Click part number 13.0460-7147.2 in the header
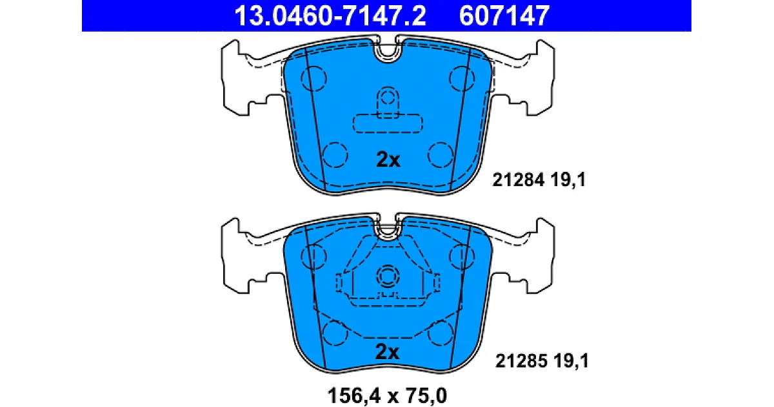pyautogui.click(x=330, y=16)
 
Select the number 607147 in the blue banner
pyautogui.click(x=504, y=16)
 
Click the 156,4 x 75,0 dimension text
pyautogui.click(x=387, y=395)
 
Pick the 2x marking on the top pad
pyautogui.click(x=388, y=160)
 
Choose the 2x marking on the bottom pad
pyautogui.click(x=387, y=352)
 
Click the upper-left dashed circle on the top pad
pyautogui.click(x=313, y=79)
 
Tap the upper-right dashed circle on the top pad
pyautogui.click(x=462, y=79)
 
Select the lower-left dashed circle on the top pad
pyautogui.click(x=335, y=154)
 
